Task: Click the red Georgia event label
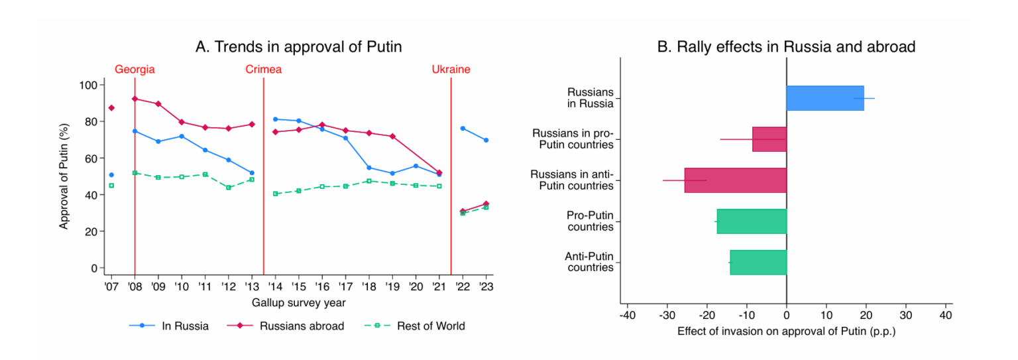coord(135,69)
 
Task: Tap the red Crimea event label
coord(263,69)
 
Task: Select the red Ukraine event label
coord(451,69)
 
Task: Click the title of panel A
coord(298,47)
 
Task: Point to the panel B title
coord(786,47)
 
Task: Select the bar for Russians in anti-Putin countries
coord(735,180)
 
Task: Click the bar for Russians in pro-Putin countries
coord(769,139)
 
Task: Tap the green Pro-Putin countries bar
coord(751,221)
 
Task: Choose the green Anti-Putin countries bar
coord(758,263)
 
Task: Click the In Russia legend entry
coord(169,326)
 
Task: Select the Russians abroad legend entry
coord(286,326)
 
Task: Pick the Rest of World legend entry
coord(414,326)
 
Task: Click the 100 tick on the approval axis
coord(89,85)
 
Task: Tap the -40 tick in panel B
coord(627,315)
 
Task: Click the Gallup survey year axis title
coord(298,303)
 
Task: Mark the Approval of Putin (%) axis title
coord(64,176)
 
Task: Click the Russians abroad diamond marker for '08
coord(135,99)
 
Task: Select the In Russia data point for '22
coord(462,129)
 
